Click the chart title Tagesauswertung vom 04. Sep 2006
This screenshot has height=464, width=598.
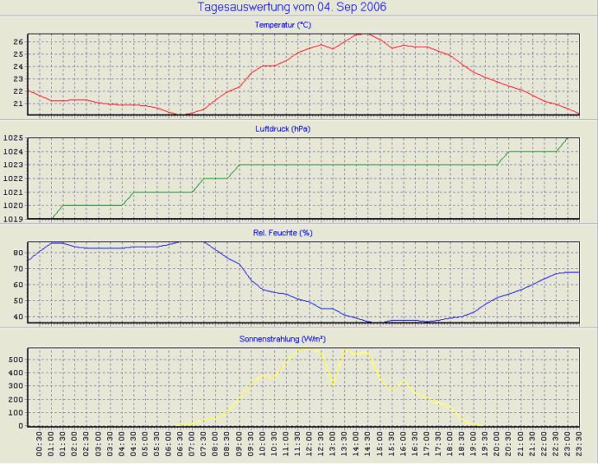[x=292, y=7]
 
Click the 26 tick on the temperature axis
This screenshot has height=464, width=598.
[x=18, y=41]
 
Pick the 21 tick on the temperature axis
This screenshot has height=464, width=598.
[x=18, y=104]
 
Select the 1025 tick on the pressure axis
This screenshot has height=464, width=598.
[x=14, y=138]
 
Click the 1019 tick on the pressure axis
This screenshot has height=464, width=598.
[x=14, y=219]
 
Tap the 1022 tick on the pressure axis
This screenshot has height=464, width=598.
[x=14, y=179]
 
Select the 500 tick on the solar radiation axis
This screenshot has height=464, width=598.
[x=16, y=360]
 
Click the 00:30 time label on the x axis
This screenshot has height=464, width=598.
[x=40, y=448]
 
